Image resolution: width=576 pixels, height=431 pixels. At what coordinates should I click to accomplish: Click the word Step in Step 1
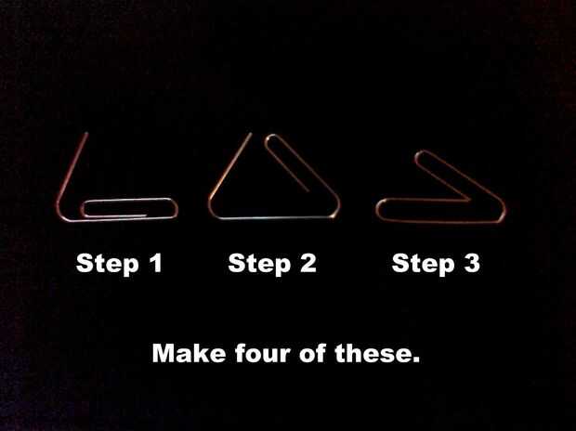107,264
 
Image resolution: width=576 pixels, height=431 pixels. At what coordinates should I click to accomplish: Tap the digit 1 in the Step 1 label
156,262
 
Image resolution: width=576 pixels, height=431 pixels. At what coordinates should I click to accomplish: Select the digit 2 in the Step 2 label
308,263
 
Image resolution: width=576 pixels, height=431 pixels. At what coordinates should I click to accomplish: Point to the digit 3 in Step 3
471,263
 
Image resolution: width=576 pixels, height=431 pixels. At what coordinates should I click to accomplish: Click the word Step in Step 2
259,264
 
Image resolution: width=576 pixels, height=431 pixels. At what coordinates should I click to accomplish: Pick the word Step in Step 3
424,264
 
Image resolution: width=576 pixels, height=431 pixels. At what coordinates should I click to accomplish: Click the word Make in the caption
189,353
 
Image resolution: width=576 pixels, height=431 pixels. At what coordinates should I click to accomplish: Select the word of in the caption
312,353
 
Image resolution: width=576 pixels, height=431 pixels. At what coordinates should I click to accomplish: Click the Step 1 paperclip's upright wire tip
86,133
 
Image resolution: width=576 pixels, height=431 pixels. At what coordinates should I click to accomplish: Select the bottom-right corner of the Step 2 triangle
335,213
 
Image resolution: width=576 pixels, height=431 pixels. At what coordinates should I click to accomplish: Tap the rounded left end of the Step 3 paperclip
379,209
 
